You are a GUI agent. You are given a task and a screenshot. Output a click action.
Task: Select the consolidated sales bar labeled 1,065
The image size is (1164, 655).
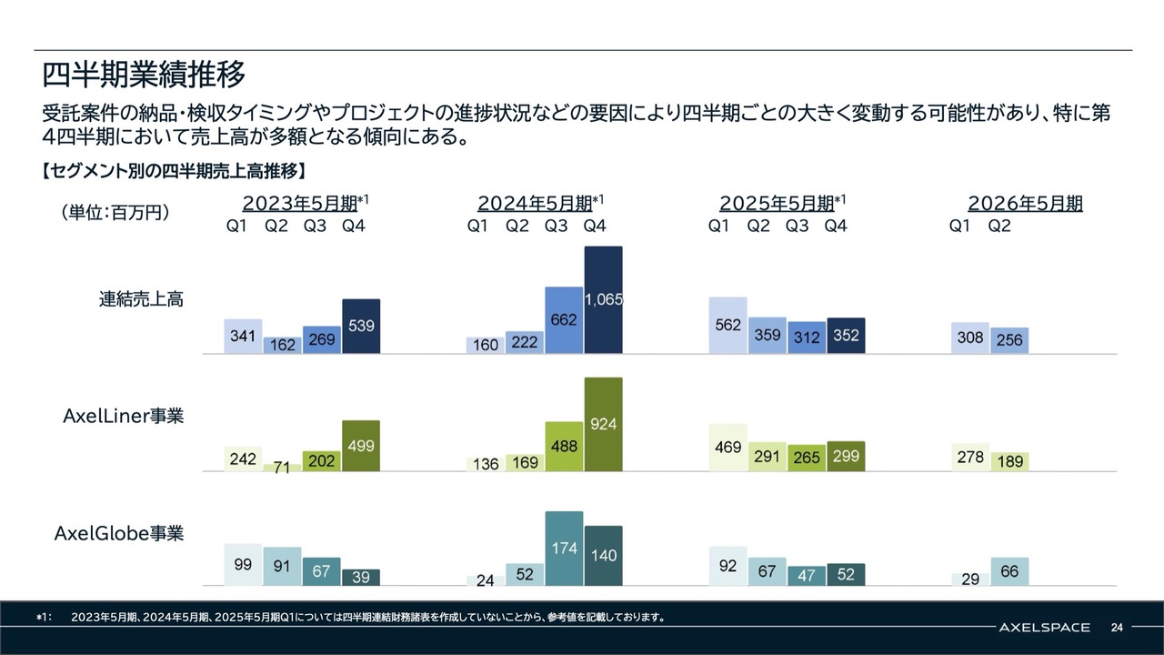pyautogui.click(x=603, y=299)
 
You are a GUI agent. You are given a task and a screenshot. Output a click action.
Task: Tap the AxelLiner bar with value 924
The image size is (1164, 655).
pyautogui.click(x=603, y=424)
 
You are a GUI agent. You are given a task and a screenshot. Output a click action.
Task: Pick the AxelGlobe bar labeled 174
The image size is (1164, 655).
pyautogui.click(x=564, y=549)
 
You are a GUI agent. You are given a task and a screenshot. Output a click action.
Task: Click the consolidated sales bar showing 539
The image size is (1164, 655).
pyautogui.click(x=361, y=326)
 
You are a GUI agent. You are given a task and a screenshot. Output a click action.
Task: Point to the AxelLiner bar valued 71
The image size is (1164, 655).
pyautogui.click(x=282, y=468)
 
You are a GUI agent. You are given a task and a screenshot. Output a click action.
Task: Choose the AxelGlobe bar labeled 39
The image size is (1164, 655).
pyautogui.click(x=361, y=578)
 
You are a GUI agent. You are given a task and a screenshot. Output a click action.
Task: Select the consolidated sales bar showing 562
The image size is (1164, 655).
pyautogui.click(x=727, y=325)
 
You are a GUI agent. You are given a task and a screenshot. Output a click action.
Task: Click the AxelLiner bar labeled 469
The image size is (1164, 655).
pyautogui.click(x=727, y=448)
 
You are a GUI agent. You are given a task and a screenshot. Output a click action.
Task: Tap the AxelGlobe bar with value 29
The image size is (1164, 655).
pyautogui.click(x=970, y=579)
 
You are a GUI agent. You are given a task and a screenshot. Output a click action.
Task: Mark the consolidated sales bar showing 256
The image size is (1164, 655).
pyautogui.click(x=1009, y=340)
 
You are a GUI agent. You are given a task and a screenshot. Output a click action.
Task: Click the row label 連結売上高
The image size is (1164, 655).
pyautogui.click(x=142, y=298)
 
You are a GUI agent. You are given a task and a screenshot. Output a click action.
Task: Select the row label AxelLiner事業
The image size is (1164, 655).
pyautogui.click(x=123, y=416)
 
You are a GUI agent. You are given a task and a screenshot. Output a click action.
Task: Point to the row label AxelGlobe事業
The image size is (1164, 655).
pyautogui.click(x=119, y=533)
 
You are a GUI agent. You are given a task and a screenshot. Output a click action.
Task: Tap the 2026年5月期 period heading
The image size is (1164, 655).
pyautogui.click(x=1025, y=203)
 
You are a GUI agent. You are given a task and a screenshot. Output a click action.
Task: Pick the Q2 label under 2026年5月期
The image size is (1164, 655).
pyautogui.click(x=999, y=227)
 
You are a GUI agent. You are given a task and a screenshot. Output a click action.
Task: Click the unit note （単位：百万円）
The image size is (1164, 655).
pyautogui.click(x=115, y=212)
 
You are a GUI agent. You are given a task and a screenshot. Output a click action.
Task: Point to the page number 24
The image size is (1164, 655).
pyautogui.click(x=1117, y=627)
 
